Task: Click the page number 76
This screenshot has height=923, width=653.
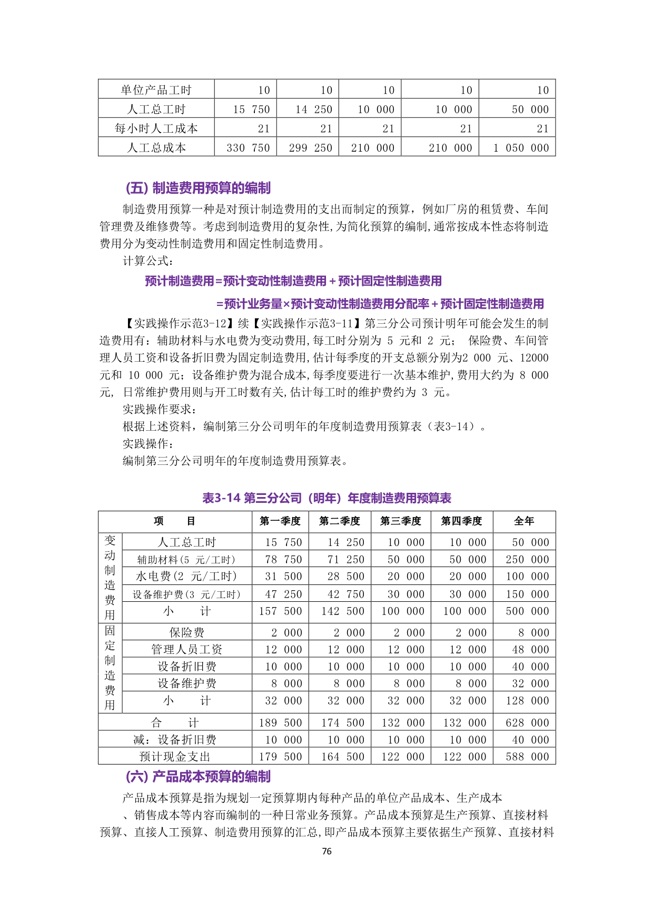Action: click(326, 851)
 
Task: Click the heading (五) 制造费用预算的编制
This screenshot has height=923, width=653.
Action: click(198, 188)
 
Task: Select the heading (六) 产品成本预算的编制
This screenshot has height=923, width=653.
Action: click(198, 777)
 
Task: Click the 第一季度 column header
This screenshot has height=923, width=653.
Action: click(280, 521)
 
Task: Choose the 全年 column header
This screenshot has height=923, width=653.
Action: click(524, 521)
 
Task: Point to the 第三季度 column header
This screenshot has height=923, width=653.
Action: click(401, 521)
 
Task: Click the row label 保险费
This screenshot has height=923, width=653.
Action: click(186, 632)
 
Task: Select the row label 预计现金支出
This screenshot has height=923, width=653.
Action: click(175, 757)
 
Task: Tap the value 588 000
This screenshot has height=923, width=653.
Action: click(527, 757)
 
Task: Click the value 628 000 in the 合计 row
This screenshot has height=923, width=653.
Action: click(527, 723)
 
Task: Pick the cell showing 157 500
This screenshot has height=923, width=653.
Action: click(280, 611)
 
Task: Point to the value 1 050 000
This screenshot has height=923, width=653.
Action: click(521, 148)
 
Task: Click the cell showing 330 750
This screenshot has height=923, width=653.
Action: click(248, 148)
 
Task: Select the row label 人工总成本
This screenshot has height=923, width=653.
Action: click(156, 148)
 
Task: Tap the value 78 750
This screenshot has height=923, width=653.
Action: click(283, 560)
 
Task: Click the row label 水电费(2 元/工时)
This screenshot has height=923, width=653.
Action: click(186, 577)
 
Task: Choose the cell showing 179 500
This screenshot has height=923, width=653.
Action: click(280, 757)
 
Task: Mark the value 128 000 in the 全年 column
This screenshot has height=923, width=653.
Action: click(527, 701)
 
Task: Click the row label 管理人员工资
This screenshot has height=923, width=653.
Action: click(186, 650)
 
